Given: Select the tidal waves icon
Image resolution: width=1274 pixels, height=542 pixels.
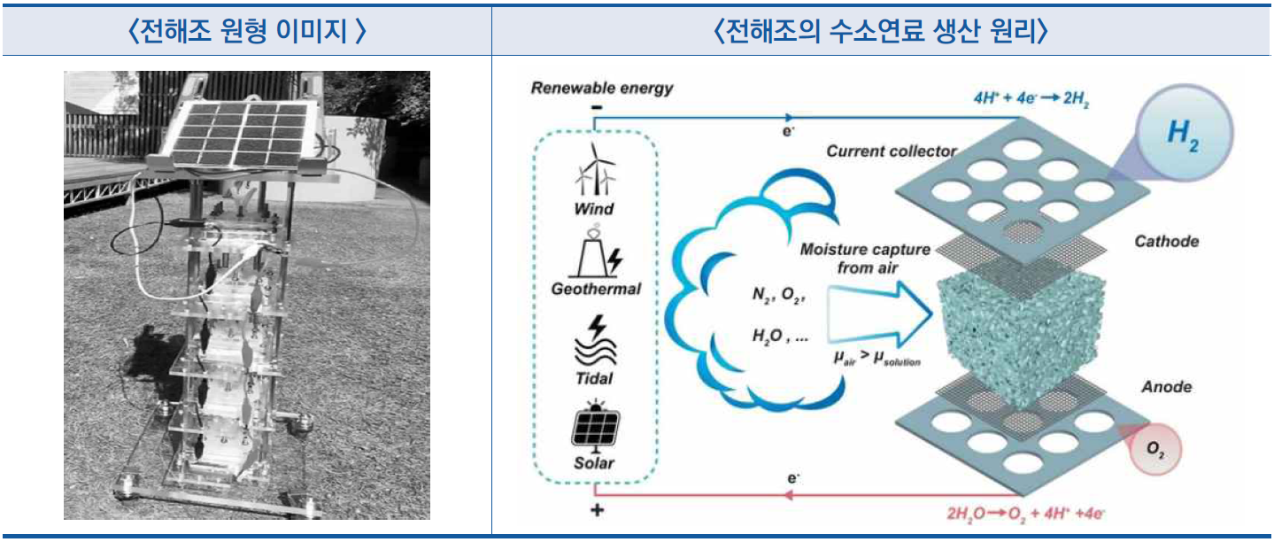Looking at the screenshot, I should tap(595, 345).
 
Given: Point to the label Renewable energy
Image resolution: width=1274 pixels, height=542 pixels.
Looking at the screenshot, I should tap(601, 88).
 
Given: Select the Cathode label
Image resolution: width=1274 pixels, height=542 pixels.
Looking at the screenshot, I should tap(1168, 241).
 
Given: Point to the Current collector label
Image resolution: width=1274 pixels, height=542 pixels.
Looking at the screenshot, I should tap(892, 151).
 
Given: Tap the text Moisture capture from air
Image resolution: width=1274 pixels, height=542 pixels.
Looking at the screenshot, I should tap(865, 258).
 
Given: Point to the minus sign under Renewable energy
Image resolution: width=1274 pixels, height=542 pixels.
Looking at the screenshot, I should tap(597, 107).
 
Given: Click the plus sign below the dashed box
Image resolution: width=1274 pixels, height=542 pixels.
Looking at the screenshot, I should tap(597, 510).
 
